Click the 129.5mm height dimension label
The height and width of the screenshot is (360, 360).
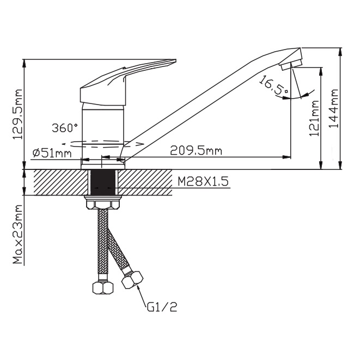coord(17,114)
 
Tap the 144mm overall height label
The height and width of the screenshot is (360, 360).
coord(334,108)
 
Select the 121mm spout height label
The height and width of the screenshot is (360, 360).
coord(315,118)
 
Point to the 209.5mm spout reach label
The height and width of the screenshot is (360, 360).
coord(196,151)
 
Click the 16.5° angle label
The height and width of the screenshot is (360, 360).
coord(273,84)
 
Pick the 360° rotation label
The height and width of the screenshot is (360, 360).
coord(65,127)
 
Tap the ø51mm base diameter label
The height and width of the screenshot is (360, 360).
coord(52,153)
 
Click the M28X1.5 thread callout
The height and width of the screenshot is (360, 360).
coord(203,182)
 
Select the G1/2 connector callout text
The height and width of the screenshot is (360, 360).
coord(162,307)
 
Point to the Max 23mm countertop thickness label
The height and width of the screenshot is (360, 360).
coord(18,234)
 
